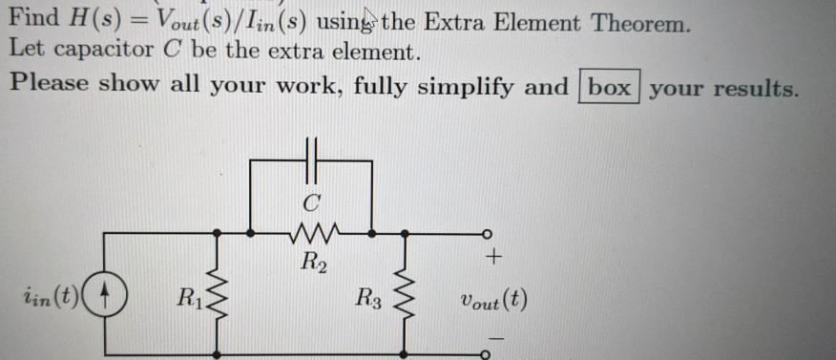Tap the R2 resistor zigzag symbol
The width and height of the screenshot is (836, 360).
tap(311, 231)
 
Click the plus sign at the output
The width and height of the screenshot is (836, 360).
tap(493, 258)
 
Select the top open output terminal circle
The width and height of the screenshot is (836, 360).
tap(486, 232)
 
